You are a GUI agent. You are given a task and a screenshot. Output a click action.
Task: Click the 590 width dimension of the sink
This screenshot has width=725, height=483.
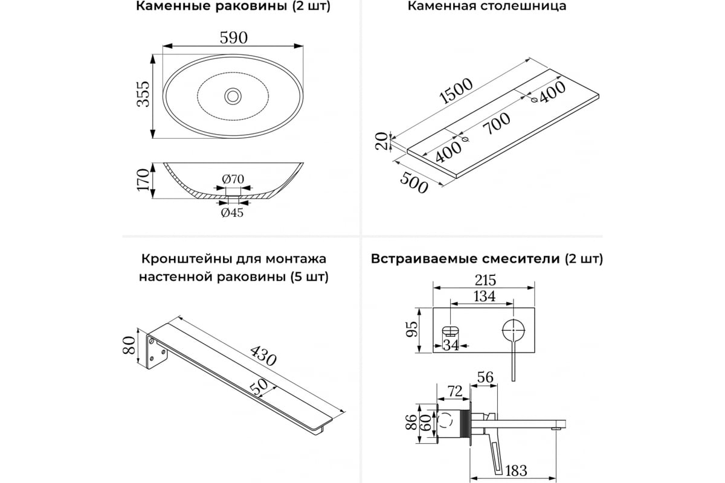pyautogui.click(x=233, y=37)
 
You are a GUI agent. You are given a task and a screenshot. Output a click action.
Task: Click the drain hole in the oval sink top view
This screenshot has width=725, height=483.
pyautogui.click(x=233, y=95)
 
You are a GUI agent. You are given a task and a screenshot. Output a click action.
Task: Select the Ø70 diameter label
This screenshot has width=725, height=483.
pyautogui.click(x=232, y=179)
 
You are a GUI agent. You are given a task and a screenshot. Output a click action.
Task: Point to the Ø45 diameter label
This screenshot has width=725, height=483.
pyautogui.click(x=232, y=213)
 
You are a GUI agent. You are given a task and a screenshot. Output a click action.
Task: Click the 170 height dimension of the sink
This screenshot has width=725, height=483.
pyautogui.click(x=143, y=180)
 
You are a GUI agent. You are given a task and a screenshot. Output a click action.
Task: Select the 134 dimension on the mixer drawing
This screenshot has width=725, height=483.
pyautogui.click(x=484, y=296)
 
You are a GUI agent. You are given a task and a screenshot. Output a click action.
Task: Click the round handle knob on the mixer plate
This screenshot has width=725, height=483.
pyautogui.click(x=513, y=331)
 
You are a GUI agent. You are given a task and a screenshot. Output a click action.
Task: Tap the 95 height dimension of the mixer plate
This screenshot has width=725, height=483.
pyautogui.click(x=411, y=330)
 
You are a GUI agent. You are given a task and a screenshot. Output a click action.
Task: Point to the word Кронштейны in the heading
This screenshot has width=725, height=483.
pyautogui.click(x=179, y=259)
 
